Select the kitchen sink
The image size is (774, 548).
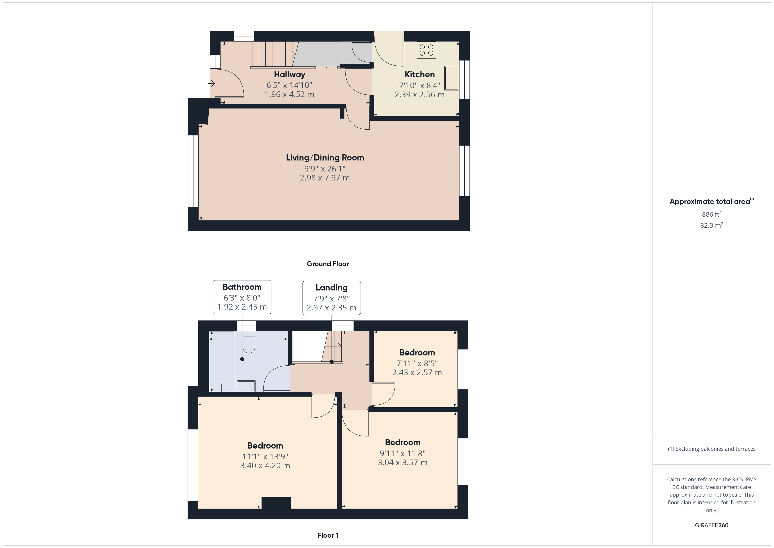pos(452,78)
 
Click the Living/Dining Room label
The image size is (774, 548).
pos(325,158)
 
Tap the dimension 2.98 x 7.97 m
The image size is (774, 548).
pos(325,178)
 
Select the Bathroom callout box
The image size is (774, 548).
pos(242,297)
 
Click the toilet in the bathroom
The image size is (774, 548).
pos(249,342)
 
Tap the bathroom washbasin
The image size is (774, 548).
pos(246,386)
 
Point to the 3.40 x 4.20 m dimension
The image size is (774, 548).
pos(265,466)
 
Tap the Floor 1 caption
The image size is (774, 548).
pos(328,535)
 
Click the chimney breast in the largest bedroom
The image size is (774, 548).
pos(276,503)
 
